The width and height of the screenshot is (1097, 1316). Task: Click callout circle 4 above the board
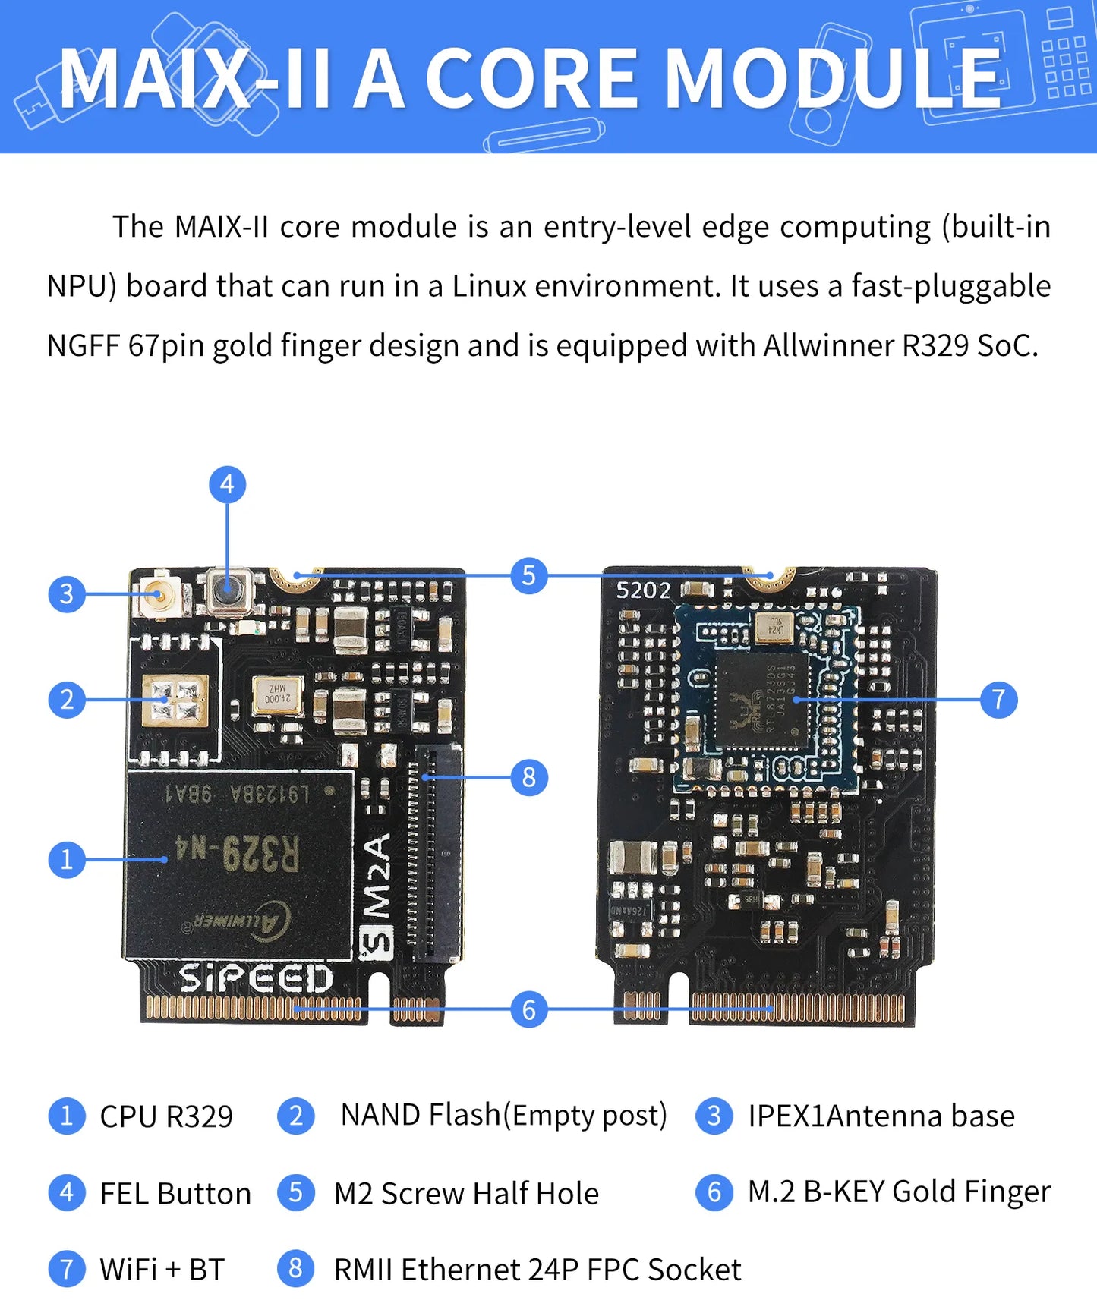click(227, 485)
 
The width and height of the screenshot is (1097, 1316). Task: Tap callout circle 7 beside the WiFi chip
click(998, 699)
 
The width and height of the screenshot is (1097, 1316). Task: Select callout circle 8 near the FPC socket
click(529, 777)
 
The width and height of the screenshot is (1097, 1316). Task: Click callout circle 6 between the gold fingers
click(529, 1009)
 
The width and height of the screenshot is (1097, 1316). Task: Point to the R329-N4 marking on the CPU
click(238, 853)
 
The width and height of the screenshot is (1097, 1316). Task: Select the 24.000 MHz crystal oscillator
click(277, 694)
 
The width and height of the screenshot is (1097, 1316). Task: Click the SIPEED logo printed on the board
click(256, 978)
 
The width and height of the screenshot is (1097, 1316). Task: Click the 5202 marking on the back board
click(643, 590)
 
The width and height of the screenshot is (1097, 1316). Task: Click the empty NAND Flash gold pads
click(175, 700)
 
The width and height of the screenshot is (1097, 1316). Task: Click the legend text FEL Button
click(175, 1194)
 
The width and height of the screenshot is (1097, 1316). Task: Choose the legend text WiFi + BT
click(162, 1270)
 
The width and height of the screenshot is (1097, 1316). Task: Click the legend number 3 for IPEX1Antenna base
click(714, 1116)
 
